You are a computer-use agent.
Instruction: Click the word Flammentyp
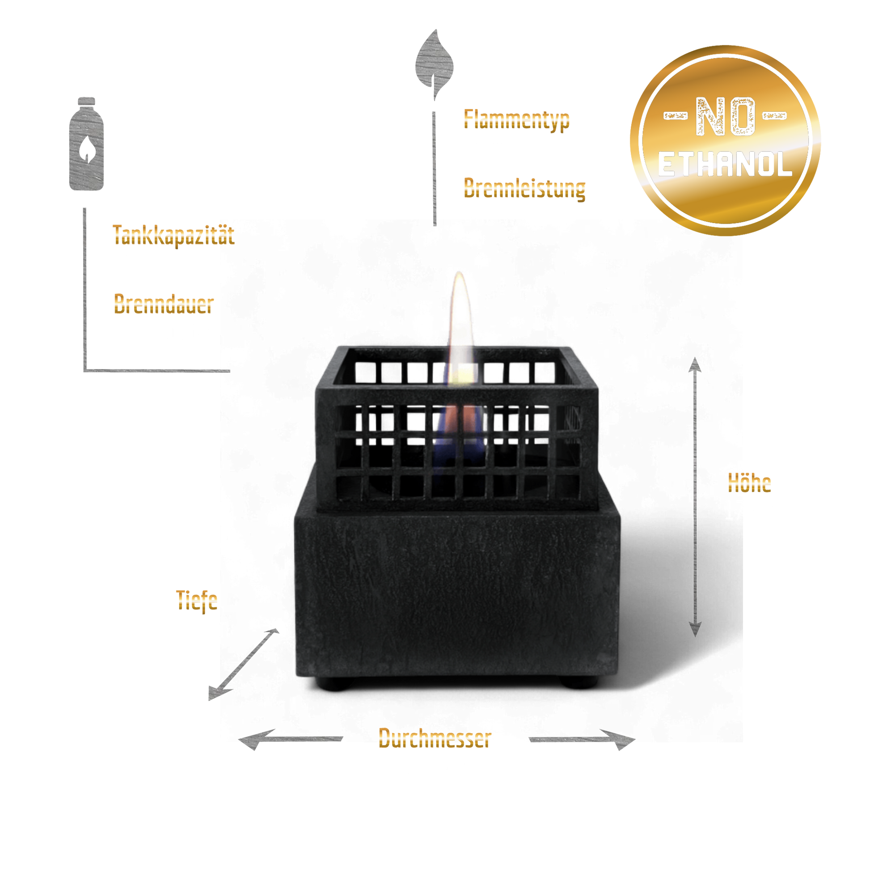point(516,120)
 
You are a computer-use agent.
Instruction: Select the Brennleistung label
point(524,188)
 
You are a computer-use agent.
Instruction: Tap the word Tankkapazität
point(174,235)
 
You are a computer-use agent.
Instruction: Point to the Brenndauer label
point(164,304)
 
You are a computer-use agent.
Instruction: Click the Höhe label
point(749,483)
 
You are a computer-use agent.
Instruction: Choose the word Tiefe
point(197,601)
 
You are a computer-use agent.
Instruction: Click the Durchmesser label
point(435,739)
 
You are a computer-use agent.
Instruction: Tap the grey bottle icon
point(86,144)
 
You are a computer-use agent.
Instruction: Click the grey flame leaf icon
point(434,63)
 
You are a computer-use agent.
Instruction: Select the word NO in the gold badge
point(726,116)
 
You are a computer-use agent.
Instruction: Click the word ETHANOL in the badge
point(725,164)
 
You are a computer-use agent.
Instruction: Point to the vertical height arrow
point(695,497)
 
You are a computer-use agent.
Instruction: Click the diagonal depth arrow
point(244,665)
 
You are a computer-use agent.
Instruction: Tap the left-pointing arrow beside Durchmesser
point(291,739)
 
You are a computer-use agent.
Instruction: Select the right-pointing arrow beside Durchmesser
point(582,739)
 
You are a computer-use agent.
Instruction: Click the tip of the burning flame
point(459,272)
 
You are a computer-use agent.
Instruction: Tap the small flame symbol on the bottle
point(86,149)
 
